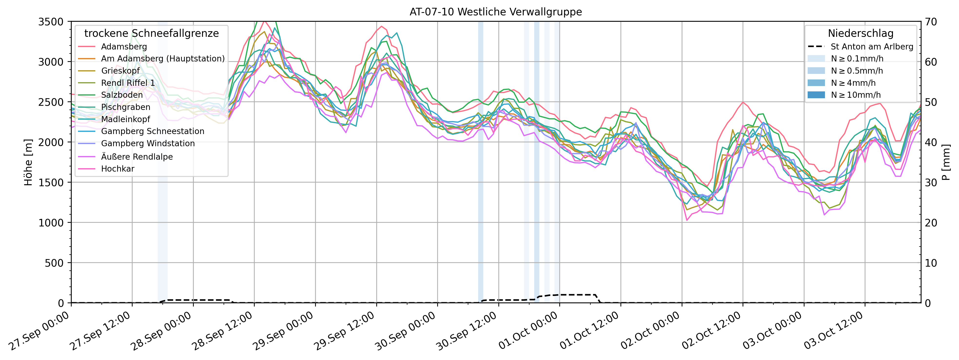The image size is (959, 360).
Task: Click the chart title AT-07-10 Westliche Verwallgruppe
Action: click(495, 12)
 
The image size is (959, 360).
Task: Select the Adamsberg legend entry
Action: click(124, 47)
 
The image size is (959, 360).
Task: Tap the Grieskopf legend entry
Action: click(120, 71)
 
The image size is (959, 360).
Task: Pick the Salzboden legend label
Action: click(122, 95)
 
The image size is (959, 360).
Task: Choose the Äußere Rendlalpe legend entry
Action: click(137, 157)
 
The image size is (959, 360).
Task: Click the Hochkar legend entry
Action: click(118, 169)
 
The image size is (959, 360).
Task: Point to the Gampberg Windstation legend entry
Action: click(148, 143)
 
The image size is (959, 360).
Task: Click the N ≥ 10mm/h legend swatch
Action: click(816, 95)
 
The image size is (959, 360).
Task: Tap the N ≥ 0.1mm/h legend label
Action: click(857, 58)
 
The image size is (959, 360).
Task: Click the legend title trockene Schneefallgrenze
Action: click(152, 33)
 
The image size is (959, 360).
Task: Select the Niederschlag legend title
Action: click(860, 33)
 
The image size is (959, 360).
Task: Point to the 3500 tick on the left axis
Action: click(51, 22)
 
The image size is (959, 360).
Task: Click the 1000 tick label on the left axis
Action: click(51, 223)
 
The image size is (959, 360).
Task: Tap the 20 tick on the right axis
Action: click(931, 223)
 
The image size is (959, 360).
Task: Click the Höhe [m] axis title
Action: click(28, 162)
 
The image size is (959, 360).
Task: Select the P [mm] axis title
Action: click(946, 162)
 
